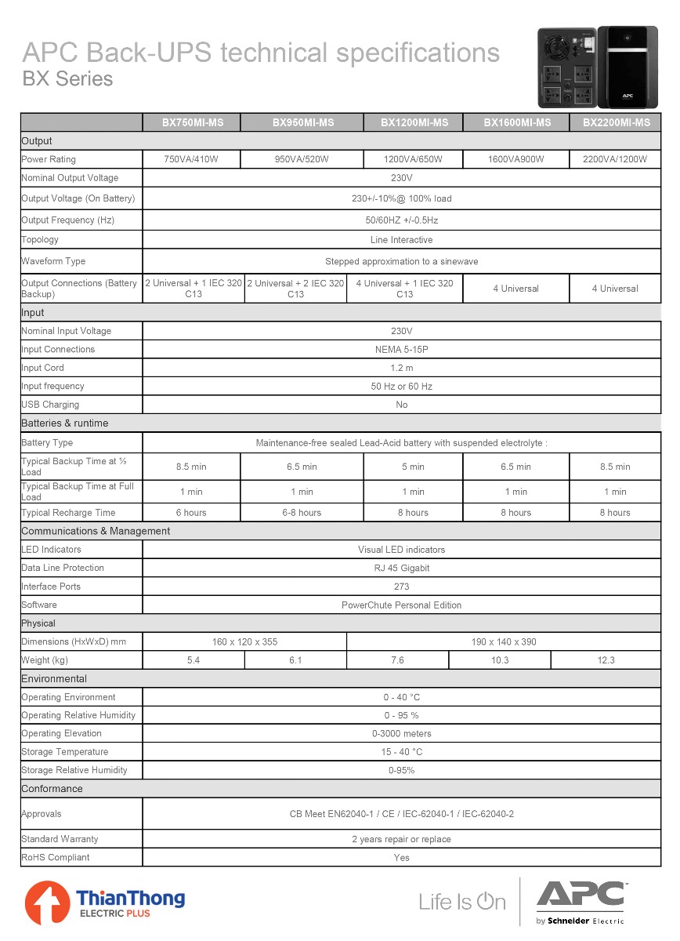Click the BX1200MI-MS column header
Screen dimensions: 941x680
(414, 122)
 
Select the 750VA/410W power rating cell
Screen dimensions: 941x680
(190, 159)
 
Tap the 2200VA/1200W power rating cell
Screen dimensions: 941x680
(615, 159)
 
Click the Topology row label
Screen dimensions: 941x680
(40, 240)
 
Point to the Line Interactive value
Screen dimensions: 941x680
(401, 240)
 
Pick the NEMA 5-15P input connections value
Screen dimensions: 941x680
(401, 350)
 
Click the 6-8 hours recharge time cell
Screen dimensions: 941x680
(302, 513)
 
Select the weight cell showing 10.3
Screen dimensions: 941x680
(500, 660)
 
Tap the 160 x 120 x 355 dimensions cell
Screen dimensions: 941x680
(244, 642)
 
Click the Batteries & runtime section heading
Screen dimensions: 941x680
(65, 423)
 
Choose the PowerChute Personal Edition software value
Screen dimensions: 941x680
(401, 605)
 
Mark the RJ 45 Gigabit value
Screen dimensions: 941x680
(401, 569)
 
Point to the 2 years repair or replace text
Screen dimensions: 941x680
(401, 840)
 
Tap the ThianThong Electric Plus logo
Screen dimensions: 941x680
(105, 903)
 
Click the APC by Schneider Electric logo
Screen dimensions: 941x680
(581, 903)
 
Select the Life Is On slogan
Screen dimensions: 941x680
(462, 902)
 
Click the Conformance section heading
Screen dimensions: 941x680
(52, 789)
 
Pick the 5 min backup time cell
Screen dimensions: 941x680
(413, 467)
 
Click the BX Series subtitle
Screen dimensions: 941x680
(67, 79)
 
